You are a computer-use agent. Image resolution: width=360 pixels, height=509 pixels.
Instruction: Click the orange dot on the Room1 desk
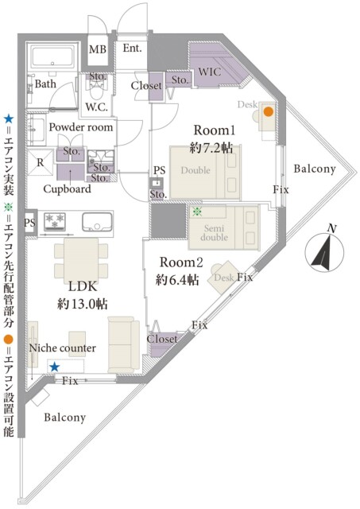(x=269, y=111)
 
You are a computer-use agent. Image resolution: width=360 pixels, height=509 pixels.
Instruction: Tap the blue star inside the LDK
(x=55, y=367)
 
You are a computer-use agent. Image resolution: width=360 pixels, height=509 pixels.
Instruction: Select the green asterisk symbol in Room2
(x=196, y=212)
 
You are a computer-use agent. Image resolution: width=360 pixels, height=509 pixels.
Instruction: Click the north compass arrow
(x=324, y=251)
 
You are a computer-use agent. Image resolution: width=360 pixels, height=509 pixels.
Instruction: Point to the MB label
(x=98, y=49)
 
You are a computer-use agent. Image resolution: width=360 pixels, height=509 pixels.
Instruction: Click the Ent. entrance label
(x=133, y=48)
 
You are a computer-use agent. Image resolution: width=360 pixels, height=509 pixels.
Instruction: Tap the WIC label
(x=210, y=72)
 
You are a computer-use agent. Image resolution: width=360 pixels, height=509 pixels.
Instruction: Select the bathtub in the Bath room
(x=53, y=56)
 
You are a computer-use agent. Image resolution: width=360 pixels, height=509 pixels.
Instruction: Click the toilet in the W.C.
(x=95, y=89)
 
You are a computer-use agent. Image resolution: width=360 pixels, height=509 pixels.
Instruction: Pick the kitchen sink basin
(x=97, y=222)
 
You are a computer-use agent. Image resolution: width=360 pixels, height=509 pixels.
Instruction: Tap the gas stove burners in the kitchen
(x=55, y=221)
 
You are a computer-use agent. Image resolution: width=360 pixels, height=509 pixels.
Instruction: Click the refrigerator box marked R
(x=41, y=162)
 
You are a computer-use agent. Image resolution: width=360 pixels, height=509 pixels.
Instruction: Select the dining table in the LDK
(x=81, y=262)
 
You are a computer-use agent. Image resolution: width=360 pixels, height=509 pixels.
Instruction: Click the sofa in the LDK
(x=123, y=344)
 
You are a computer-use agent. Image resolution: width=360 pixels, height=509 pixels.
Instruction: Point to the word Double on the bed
(x=195, y=170)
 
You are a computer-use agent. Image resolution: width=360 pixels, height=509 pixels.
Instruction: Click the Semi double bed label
(x=214, y=233)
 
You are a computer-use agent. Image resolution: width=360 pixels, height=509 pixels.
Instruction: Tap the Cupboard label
(x=67, y=189)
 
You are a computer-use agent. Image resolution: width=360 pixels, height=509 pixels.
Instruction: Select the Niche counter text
(x=63, y=348)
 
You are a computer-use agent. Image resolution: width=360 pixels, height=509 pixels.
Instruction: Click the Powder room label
(x=81, y=127)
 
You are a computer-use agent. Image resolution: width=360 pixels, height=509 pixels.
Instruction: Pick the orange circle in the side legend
(x=8, y=340)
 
